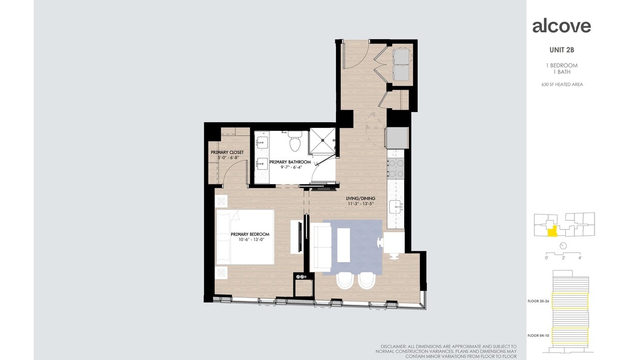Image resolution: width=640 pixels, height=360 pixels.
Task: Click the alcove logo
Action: click(x=562, y=26)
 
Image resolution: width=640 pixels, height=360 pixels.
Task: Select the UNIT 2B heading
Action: click(x=562, y=50)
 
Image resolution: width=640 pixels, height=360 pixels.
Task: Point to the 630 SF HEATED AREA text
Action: click(x=562, y=85)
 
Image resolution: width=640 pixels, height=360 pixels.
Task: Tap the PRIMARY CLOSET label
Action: click(x=227, y=153)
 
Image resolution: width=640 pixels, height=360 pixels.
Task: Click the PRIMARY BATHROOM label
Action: click(x=290, y=162)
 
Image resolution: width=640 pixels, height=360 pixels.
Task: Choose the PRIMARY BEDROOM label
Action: click(x=250, y=235)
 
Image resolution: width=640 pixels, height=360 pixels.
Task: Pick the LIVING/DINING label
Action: click(x=360, y=199)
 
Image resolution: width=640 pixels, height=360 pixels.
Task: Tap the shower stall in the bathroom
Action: click(x=322, y=141)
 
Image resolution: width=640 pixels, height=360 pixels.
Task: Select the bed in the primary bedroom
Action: click(x=245, y=237)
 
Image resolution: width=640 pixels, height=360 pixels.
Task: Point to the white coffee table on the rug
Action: click(x=344, y=244)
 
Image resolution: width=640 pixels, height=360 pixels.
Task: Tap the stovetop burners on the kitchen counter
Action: click(x=395, y=168)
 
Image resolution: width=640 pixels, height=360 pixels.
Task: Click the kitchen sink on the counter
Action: click(x=396, y=207)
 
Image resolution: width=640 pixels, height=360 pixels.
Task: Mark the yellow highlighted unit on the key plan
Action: click(x=552, y=232)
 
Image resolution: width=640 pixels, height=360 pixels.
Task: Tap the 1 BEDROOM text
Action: click(x=562, y=66)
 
